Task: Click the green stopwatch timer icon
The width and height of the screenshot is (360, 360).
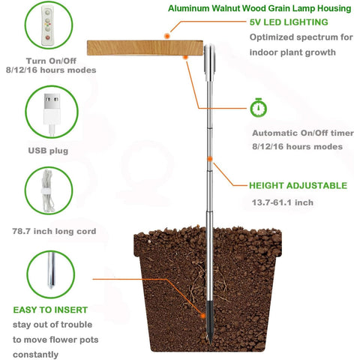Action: tap(259, 108)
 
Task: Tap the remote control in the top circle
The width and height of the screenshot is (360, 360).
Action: tap(47, 25)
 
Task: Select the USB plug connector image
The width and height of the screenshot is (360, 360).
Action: tap(52, 115)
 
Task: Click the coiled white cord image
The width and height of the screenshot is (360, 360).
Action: tap(48, 191)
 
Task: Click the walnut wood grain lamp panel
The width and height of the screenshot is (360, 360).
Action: tap(145, 48)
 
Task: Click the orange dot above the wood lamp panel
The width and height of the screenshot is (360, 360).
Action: tap(167, 36)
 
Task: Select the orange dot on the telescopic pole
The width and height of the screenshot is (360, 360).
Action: tap(210, 159)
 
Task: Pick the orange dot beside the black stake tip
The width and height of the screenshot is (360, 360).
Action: tap(203, 316)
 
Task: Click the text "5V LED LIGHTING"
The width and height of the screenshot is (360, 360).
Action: tap(289, 22)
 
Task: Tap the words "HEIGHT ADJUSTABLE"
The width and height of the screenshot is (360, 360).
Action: tap(298, 186)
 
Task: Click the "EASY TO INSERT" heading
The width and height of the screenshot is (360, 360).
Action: tap(50, 310)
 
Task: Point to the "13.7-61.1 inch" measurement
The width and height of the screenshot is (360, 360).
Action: tap(283, 202)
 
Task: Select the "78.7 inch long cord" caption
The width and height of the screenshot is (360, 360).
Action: tap(54, 231)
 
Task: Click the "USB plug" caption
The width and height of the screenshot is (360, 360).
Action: tap(48, 151)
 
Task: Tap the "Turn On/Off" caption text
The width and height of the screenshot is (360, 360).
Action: tap(51, 61)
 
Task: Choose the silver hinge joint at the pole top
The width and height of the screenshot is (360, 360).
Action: tap(209, 63)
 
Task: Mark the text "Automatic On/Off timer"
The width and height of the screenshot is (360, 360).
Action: tap(303, 133)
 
